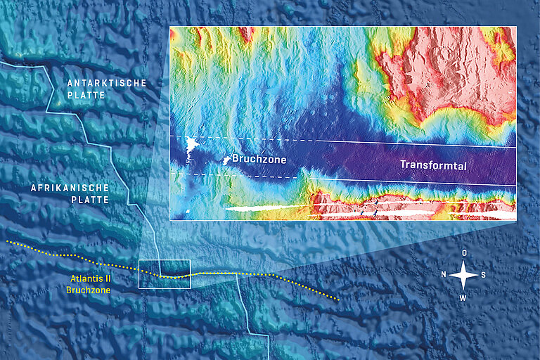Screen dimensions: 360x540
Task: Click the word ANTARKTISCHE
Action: pyautogui.click(x=107, y=83)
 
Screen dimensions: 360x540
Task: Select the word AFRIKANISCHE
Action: pyautogui.click(x=70, y=188)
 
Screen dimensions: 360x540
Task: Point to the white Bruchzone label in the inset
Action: pyautogui.click(x=259, y=160)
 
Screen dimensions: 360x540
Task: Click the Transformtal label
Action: pyautogui.click(x=433, y=165)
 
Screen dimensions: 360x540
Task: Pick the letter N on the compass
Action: pyautogui.click(x=443, y=275)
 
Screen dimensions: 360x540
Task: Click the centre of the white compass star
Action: pyautogui.click(x=464, y=275)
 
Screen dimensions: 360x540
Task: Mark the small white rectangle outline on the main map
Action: pyautogui.click(x=165, y=274)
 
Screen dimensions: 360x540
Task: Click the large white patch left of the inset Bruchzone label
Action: pyautogui.click(x=191, y=147)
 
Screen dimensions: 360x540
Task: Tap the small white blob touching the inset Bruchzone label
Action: pyautogui.click(x=226, y=160)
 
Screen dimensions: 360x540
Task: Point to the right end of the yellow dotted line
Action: pyautogui.click(x=339, y=300)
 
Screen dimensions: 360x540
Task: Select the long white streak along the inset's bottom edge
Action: pyautogui.click(x=267, y=209)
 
